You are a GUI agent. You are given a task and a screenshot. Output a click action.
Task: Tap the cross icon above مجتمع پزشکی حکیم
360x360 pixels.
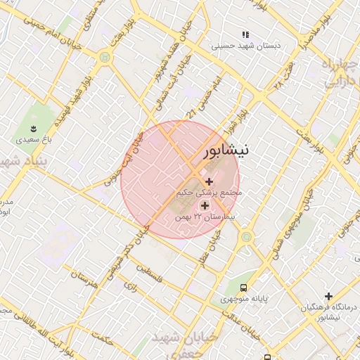coord(209,182)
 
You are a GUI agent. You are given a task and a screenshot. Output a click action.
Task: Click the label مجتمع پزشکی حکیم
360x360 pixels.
coord(210,192)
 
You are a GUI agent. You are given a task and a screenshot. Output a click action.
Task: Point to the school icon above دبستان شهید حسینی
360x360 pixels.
coord(245,34)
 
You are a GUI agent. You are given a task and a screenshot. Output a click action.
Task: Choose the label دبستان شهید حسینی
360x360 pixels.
coord(247,46)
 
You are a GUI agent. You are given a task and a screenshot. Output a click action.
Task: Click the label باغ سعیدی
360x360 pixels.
coord(31,140)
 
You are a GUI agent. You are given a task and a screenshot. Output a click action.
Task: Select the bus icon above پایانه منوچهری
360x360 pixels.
coord(243,288)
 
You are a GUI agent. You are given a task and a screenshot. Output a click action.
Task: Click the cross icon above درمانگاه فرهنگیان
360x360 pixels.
coord(328,296)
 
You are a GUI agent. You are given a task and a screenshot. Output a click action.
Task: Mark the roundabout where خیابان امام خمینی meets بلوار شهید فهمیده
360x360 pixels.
coord(105,57)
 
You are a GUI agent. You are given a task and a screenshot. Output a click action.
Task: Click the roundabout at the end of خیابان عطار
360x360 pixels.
coord(246,237)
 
